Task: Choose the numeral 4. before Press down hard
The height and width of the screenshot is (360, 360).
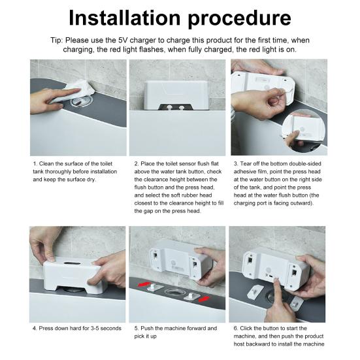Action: point(35,328)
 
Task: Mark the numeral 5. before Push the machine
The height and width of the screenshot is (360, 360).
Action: point(137,328)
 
